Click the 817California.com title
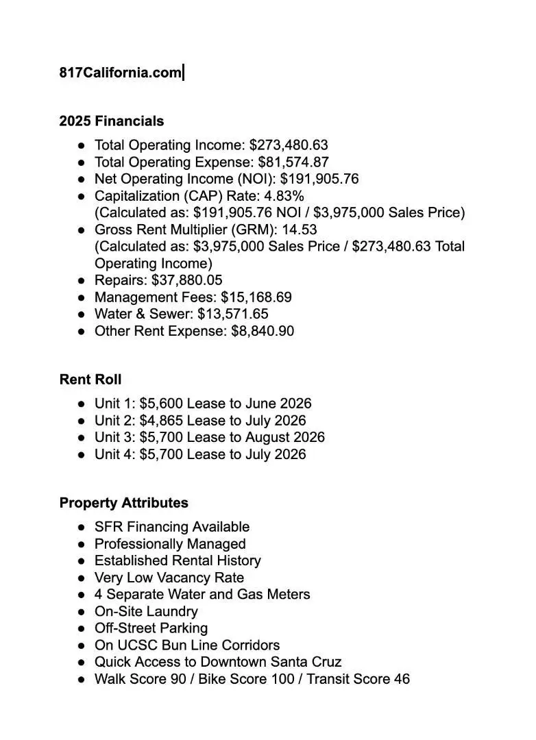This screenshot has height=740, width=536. point(120,73)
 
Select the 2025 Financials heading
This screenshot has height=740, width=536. point(112,121)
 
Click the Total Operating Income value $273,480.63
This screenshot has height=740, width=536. point(289,145)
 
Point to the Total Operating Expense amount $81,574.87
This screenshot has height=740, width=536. point(293,162)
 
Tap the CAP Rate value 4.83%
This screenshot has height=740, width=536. point(284,196)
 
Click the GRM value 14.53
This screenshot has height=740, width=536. point(300,230)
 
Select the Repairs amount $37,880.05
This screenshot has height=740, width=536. point(186,280)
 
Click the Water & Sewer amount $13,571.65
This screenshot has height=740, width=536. point(233,314)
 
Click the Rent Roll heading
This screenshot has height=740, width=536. point(90,380)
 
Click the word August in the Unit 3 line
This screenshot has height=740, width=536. point(267,437)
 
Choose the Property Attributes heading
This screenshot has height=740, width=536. point(124,503)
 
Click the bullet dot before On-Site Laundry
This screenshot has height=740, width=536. point(82,612)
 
